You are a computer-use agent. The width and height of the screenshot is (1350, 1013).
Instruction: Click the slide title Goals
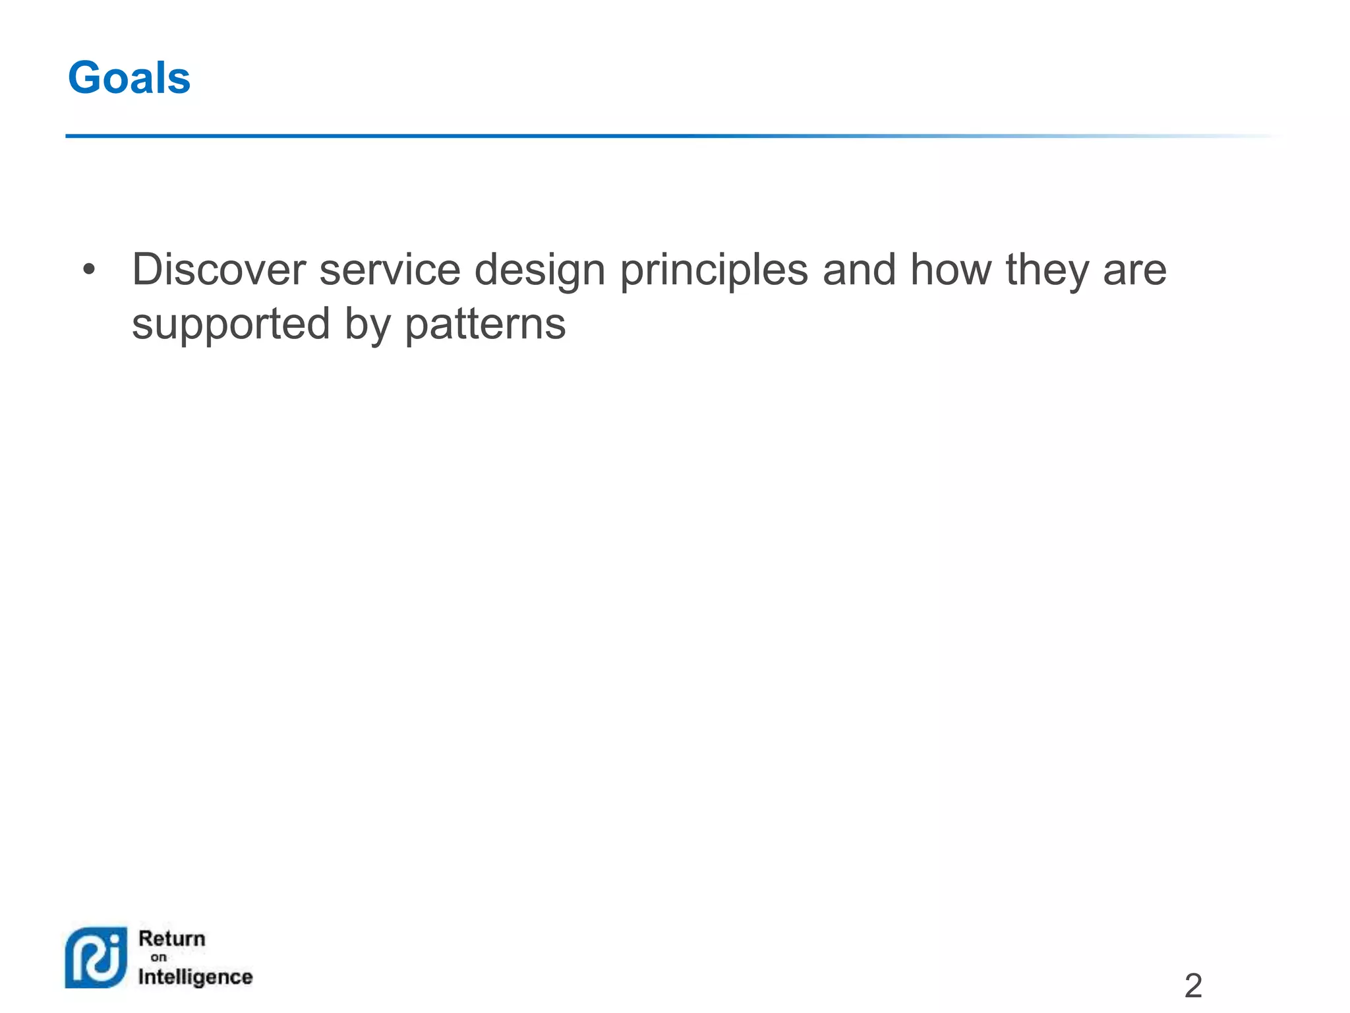(129, 78)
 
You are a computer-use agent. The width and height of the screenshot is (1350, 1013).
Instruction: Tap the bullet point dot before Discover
(89, 270)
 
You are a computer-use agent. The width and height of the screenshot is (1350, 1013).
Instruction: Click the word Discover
(219, 270)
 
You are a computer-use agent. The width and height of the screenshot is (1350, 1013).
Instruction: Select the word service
(390, 270)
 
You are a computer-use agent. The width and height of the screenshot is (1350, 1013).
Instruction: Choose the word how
(951, 270)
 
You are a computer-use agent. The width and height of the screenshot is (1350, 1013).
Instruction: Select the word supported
(231, 325)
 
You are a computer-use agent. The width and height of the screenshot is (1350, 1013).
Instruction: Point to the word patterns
(484, 325)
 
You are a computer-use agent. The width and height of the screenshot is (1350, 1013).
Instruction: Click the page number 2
(1193, 986)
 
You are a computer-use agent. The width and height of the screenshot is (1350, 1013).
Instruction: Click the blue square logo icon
(96, 958)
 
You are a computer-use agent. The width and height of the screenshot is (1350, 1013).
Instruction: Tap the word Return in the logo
(172, 938)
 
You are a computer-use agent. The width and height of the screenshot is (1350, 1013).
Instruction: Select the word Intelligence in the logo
(195, 977)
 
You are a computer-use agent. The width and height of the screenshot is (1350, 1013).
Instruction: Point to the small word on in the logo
(158, 958)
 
